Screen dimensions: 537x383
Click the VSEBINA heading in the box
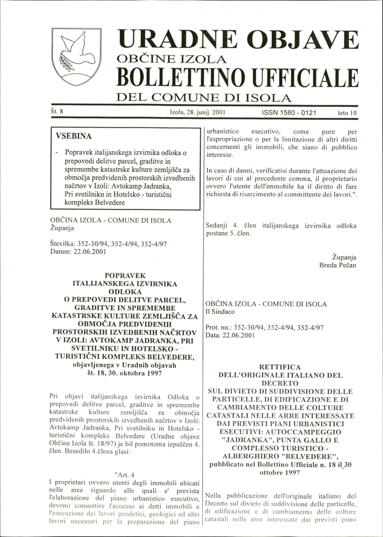click(x=74, y=136)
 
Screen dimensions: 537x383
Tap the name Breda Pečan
click(x=338, y=265)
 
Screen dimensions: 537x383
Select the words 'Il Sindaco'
click(x=220, y=312)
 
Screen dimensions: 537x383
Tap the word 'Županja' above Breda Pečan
click(x=344, y=256)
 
